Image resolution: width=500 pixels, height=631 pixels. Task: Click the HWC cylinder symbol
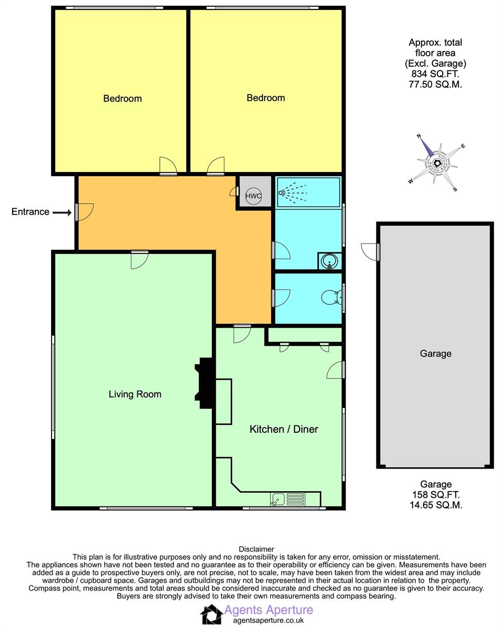[253, 196]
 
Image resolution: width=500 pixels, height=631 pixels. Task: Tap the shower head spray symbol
[292, 192]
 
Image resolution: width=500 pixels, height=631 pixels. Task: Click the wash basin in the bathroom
[329, 261]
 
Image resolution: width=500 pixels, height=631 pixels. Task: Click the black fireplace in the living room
[205, 383]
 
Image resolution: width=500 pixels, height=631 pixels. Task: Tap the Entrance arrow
[62, 212]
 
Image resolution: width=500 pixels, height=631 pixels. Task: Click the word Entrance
[30, 212]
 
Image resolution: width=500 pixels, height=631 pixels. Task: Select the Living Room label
[135, 394]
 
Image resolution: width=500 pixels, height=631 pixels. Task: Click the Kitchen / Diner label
[283, 429]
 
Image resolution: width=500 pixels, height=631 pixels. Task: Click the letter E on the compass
[463, 146]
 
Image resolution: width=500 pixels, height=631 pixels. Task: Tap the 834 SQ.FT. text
[435, 74]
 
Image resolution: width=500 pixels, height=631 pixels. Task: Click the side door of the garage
[370, 251]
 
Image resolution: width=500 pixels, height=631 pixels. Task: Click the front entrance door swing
[84, 212]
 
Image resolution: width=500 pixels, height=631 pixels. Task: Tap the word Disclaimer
[256, 549]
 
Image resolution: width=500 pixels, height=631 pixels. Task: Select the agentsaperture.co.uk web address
[268, 620]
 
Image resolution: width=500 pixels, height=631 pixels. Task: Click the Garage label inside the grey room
[435, 353]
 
